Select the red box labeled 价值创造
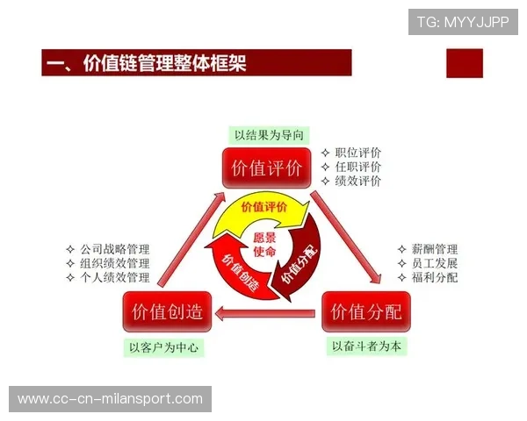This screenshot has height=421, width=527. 167,311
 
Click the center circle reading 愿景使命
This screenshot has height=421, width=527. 264,245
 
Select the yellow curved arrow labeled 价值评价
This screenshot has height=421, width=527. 263,209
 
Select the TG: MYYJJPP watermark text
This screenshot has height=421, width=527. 462,22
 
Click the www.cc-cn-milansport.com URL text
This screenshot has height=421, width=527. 111,399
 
